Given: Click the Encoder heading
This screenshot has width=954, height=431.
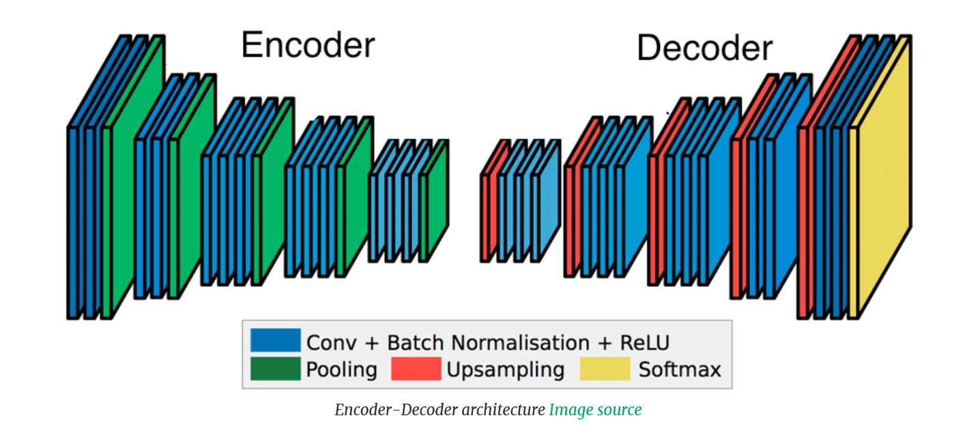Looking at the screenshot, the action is click(x=308, y=45).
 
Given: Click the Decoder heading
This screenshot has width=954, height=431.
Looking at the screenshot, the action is click(x=704, y=48).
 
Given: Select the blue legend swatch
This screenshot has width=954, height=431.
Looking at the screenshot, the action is click(x=276, y=339).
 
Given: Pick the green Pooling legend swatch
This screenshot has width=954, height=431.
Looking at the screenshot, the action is click(x=276, y=369).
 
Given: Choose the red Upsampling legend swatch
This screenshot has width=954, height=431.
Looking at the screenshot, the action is click(x=416, y=369).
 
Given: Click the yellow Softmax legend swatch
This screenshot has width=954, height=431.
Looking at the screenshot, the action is click(x=605, y=369).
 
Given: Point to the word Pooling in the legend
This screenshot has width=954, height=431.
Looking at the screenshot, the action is click(x=342, y=370).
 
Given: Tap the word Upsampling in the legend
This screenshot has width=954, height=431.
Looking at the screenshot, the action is click(x=506, y=370).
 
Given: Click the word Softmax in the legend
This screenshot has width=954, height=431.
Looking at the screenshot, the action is click(x=680, y=370).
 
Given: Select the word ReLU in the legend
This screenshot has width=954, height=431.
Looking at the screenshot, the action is click(x=645, y=342).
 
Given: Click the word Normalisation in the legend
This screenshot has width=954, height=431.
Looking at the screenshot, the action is click(x=520, y=342).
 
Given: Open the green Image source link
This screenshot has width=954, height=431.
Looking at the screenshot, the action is click(x=595, y=410).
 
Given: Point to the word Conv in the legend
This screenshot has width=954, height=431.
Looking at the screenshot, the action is click(x=332, y=343).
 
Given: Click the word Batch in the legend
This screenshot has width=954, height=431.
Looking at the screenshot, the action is click(x=416, y=342).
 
